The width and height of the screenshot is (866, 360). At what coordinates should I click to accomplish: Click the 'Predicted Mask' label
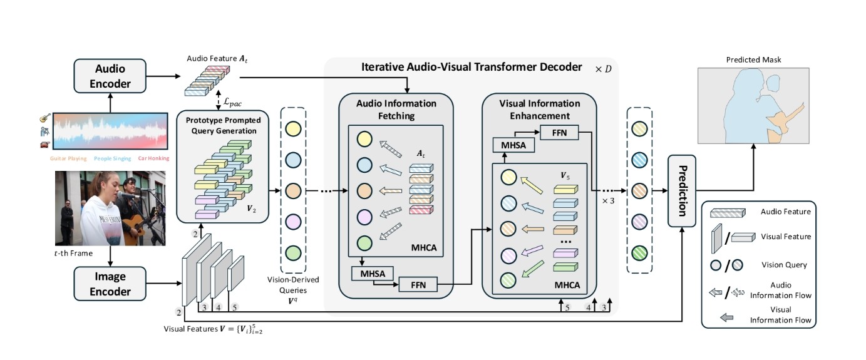click(754, 59)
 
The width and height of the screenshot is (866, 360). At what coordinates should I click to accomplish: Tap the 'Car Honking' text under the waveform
click(153, 158)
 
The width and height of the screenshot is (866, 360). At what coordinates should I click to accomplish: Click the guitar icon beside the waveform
click(44, 118)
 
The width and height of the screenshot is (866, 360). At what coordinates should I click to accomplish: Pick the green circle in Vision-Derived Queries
click(292, 253)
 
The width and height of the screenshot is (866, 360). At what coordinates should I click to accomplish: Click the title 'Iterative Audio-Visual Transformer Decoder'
click(472, 67)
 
